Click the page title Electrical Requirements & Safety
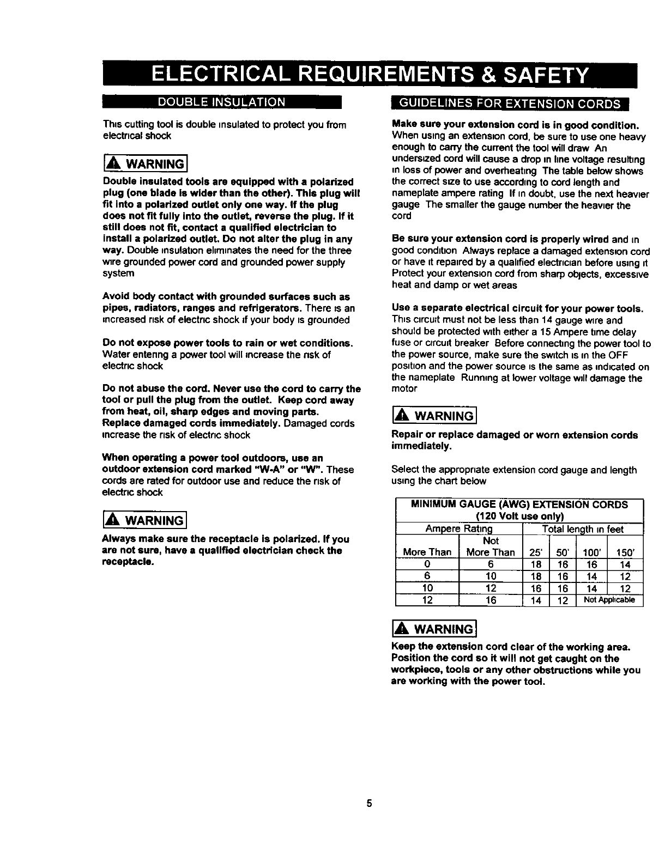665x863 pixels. click(370, 75)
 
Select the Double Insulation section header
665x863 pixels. click(221, 102)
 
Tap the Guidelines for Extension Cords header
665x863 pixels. click(511, 104)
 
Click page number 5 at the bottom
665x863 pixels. click(369, 803)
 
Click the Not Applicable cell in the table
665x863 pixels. click(609, 600)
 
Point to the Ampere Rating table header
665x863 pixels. click(458, 529)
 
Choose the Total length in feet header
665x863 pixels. click(583, 529)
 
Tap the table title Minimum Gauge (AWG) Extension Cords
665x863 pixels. click(519, 505)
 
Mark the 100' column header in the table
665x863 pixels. click(591, 552)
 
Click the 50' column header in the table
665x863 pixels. click(563, 552)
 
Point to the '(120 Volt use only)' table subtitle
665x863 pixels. click(519, 516)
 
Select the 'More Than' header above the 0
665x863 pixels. click(427, 552)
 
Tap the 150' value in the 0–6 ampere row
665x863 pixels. click(625, 564)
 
